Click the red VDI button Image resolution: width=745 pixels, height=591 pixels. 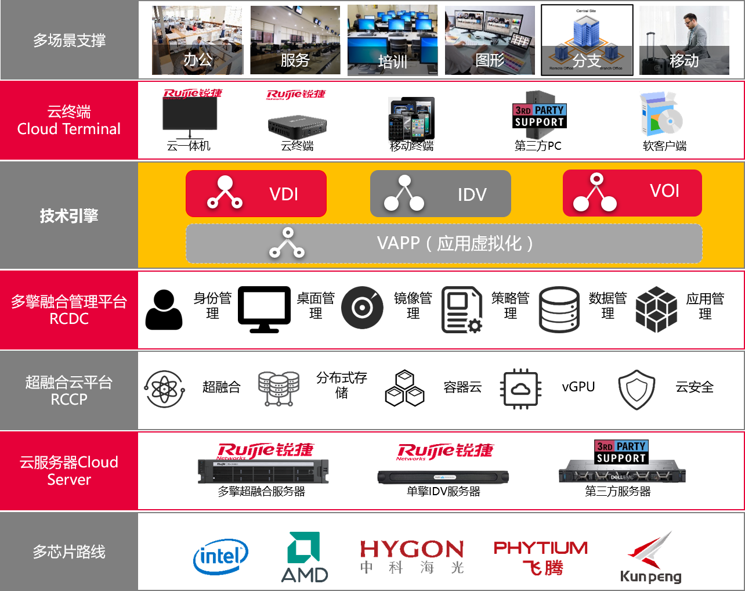coord(256,193)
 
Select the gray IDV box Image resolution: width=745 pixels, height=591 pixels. coord(440,194)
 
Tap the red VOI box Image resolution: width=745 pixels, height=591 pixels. coord(632,193)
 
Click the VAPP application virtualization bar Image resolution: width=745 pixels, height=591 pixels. coord(444,243)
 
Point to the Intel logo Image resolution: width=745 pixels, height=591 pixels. coord(220,557)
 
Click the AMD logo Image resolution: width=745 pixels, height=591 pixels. coord(305,557)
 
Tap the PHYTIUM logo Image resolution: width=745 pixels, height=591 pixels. coord(541,557)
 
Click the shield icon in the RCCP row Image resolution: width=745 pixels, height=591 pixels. coord(636,390)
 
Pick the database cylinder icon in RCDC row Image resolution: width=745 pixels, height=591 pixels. coord(559,309)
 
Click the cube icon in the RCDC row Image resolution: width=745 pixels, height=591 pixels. coord(656,309)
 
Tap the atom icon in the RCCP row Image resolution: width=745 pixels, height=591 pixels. coord(165,389)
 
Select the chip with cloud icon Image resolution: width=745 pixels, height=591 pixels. coord(520,389)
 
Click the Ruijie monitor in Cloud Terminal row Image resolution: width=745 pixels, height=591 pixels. coord(190,118)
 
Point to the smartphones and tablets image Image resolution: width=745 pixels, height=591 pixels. coord(411,120)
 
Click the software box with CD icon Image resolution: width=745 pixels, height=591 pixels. coord(661,114)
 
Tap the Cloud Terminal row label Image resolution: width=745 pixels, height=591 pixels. coord(69,120)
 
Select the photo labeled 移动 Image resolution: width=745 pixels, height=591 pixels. coord(684,41)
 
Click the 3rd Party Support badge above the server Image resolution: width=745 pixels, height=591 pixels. coord(621,452)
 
